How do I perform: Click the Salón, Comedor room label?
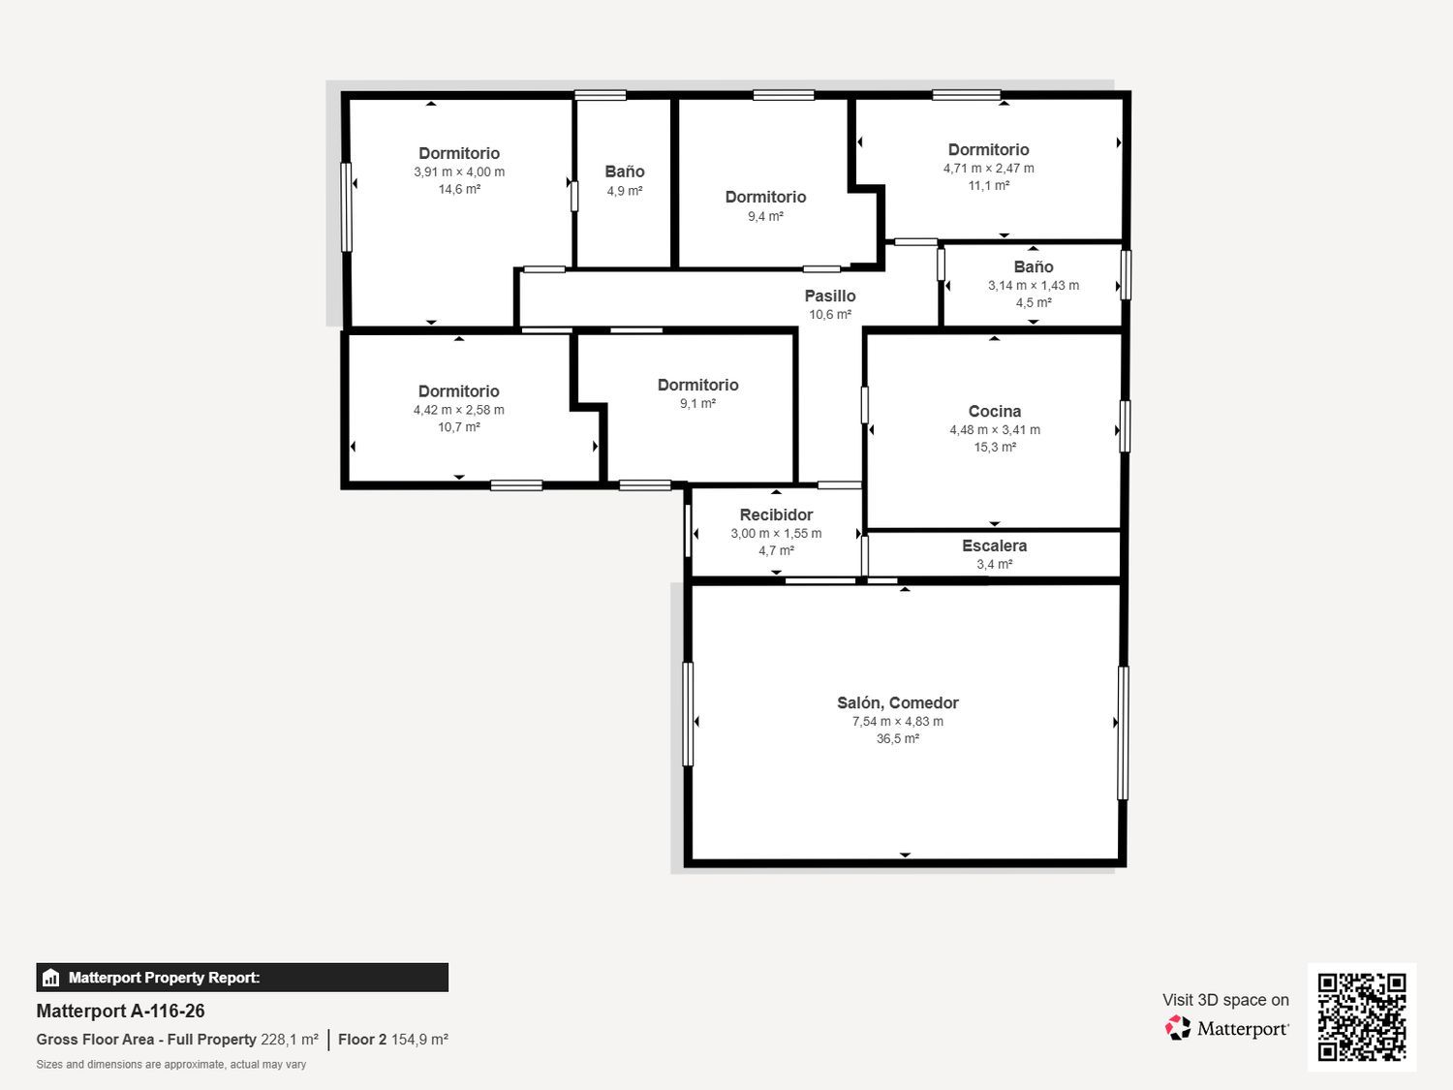point(898,702)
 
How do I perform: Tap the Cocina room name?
point(994,411)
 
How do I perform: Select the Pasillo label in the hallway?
point(830,296)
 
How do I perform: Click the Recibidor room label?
point(776,514)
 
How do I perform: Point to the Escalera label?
point(994,545)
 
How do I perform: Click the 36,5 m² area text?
point(898,738)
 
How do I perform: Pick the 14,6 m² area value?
point(459,189)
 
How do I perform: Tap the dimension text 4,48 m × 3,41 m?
point(994,429)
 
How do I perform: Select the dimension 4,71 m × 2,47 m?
point(988,168)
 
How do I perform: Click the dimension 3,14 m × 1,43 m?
point(1034,285)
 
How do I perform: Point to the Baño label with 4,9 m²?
point(624,171)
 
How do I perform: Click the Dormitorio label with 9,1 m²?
point(697,385)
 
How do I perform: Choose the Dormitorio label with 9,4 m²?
point(765,197)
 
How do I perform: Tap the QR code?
point(1362,1017)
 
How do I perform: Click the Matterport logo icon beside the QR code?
point(1178,1028)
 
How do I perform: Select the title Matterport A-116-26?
point(120,1011)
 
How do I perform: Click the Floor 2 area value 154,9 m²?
point(419,1039)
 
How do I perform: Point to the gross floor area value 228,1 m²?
point(290,1039)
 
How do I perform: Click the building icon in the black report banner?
point(51,978)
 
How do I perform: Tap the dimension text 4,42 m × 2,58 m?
point(459,410)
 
